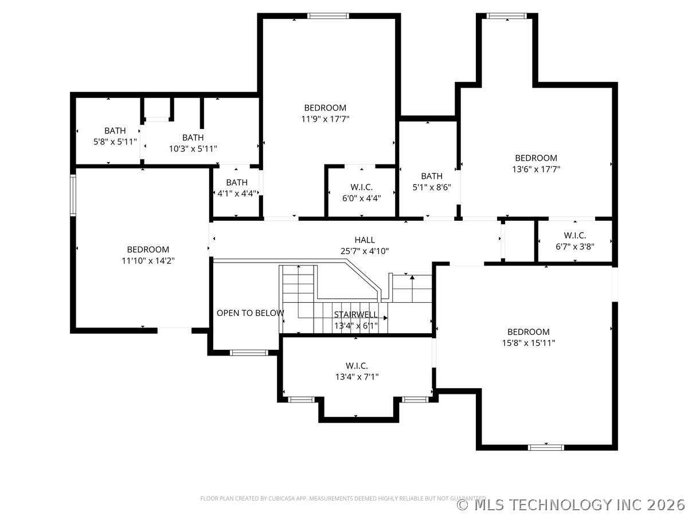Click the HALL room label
tap(365, 240)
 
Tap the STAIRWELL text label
tap(356, 315)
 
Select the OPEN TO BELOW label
tap(250, 313)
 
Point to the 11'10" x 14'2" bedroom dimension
tap(148, 261)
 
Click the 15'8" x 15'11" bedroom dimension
tap(529, 343)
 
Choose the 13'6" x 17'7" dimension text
tap(536, 169)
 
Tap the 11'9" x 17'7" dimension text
tap(325, 119)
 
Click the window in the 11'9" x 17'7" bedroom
tap(328, 16)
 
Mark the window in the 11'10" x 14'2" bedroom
tap(73, 195)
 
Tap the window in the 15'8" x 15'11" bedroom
tap(546, 447)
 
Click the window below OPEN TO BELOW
tap(249, 353)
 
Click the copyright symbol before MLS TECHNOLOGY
tap(463, 505)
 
